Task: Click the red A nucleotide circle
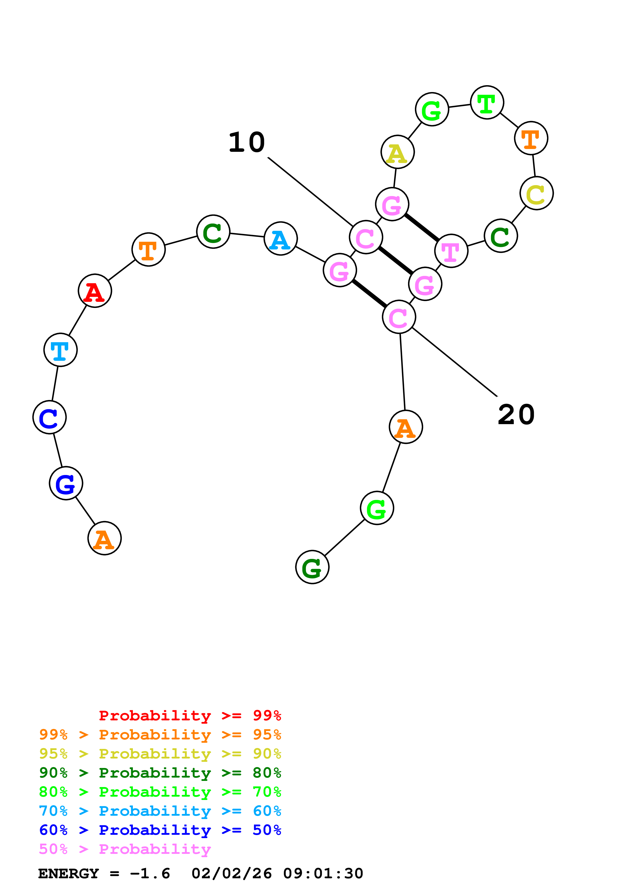click(95, 291)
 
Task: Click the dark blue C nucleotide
click(49, 417)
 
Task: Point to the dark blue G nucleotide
click(66, 483)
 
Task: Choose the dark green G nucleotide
click(312, 567)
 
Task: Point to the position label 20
click(516, 415)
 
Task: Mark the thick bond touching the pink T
click(422, 227)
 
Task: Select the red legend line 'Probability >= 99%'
click(190, 716)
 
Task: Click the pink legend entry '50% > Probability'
click(125, 849)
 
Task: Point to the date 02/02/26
click(232, 874)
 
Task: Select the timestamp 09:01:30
click(323, 874)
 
